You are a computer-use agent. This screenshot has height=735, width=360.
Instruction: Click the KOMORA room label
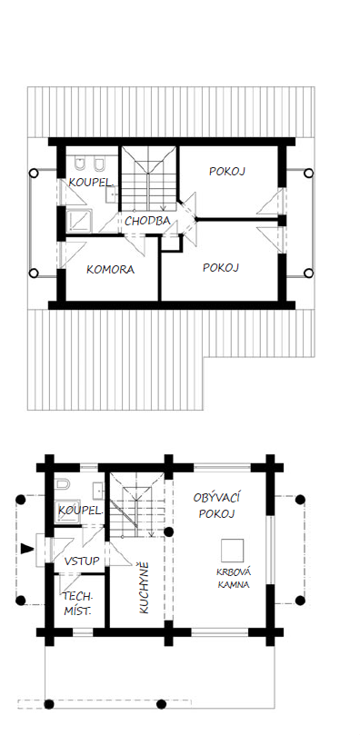(x=111, y=270)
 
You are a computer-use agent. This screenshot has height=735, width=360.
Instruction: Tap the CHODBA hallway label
(x=147, y=222)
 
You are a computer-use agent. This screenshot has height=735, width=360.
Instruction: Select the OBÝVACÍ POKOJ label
(x=216, y=505)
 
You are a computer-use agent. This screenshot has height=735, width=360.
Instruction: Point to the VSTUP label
(x=82, y=561)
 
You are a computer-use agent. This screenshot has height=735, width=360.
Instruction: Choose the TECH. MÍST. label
(x=78, y=604)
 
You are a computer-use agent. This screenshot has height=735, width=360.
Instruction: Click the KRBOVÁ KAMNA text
(x=233, y=578)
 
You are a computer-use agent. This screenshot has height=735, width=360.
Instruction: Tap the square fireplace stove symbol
(x=233, y=551)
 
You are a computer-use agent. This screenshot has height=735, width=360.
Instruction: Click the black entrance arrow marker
(x=27, y=549)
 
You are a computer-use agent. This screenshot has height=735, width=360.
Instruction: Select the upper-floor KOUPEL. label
(x=91, y=183)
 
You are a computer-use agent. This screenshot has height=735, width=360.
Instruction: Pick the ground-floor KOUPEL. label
(x=80, y=511)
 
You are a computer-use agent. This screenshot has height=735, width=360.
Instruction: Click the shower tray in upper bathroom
(x=79, y=221)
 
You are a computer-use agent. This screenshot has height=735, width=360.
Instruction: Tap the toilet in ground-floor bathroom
(x=62, y=484)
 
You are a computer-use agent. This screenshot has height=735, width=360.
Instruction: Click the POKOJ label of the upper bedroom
(x=227, y=171)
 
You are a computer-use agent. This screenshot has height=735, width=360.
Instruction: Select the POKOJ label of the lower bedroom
(x=221, y=267)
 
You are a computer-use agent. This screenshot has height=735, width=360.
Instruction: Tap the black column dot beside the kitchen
(x=168, y=532)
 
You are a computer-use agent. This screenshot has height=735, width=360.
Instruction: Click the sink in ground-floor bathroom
(x=98, y=490)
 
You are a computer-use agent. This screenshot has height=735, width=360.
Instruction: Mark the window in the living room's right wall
(x=270, y=551)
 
